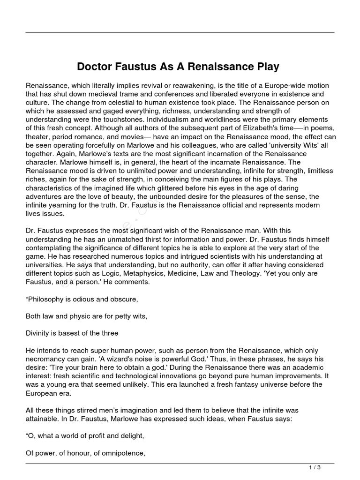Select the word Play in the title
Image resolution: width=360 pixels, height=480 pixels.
tap(267, 67)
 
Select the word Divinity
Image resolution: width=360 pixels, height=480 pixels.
tap(39, 333)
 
